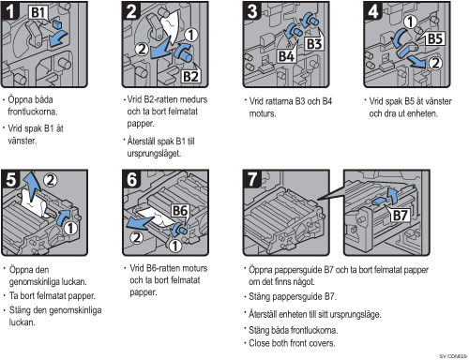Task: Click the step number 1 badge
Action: pos(9,10)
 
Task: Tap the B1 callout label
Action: pos(38,12)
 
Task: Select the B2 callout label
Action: pos(190,76)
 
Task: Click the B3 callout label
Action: pos(314,44)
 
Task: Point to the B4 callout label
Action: pos(286,56)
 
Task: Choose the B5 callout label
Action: pos(435,39)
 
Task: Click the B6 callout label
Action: pos(180,211)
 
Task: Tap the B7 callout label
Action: pos(400,215)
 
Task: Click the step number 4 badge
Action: pos(372,10)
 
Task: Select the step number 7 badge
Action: pos(252,179)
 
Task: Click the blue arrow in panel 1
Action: pos(58,38)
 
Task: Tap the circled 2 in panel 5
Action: pos(51,180)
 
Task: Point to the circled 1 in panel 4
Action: pos(411,22)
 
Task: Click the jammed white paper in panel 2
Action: pos(171,26)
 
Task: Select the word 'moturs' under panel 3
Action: pos(263,113)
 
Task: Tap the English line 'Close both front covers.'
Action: pos(292,343)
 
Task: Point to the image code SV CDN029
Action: pos(453,356)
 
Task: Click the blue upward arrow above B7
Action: pos(392,195)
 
